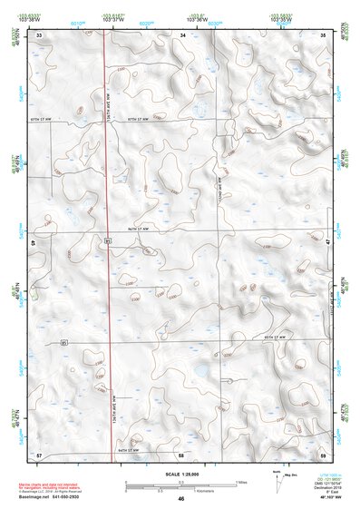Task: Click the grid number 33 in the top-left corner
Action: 40,34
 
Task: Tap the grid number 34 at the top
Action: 182,34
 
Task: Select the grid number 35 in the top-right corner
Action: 324,34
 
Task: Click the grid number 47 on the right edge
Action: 326,242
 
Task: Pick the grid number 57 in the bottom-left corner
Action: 39,453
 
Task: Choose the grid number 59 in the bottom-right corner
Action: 324,453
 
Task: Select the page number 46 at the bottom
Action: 181,499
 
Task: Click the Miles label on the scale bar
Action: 241,481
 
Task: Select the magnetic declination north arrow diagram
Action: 281,481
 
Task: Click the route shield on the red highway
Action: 107,240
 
